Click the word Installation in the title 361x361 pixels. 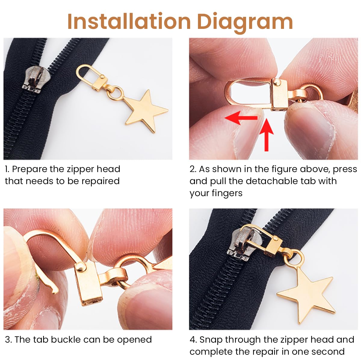click(x=129, y=22)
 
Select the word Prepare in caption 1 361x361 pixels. click(x=30, y=169)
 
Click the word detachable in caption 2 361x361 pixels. click(x=273, y=181)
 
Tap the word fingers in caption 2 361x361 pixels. click(x=228, y=193)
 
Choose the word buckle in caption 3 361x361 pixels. click(x=66, y=340)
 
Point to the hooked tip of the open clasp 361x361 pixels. click(x=54, y=290)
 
